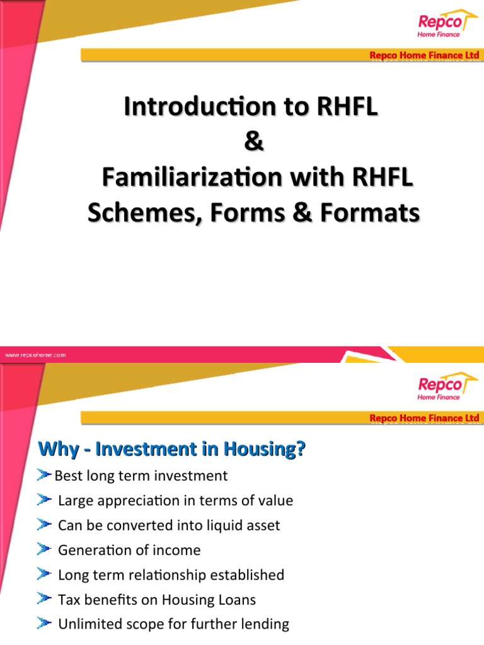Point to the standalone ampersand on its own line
tap(253, 142)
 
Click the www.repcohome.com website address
tap(35, 355)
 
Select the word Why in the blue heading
tap(55, 449)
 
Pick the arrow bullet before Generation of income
tap(44, 550)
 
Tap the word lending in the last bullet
tap(266, 624)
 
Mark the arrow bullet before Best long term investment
tap(44, 475)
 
